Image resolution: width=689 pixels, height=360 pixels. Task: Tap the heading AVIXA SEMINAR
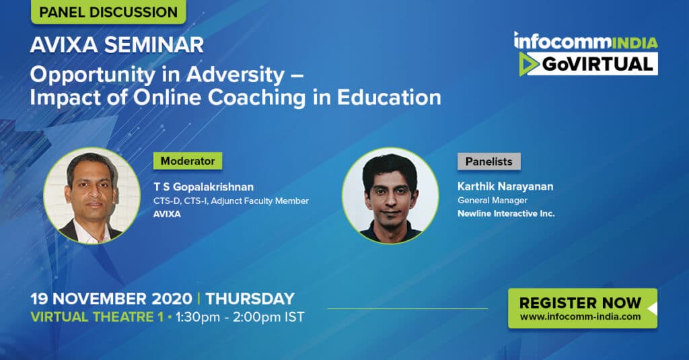[117, 45]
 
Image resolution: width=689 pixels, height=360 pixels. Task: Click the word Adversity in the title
[235, 75]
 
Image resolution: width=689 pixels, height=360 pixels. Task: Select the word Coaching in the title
[256, 98]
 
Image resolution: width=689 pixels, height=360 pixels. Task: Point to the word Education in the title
[389, 97]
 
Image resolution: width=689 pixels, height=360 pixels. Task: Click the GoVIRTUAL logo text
[597, 64]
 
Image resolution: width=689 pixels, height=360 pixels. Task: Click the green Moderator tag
[188, 161]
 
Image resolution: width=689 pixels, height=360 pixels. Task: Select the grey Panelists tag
[488, 161]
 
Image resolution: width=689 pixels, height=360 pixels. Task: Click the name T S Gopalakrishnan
[203, 187]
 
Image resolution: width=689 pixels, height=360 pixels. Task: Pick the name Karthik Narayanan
[505, 186]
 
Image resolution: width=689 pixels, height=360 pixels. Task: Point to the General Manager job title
[492, 201]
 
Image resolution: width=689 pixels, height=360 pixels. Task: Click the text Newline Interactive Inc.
[506, 213]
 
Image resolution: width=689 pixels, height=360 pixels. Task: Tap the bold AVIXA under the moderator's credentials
[167, 214]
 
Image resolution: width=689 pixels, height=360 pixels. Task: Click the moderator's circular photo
[92, 196]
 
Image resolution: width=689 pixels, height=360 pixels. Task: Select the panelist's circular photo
[390, 196]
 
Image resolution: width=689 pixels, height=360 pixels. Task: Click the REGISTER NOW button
[583, 308]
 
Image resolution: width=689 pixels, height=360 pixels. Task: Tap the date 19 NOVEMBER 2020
[111, 299]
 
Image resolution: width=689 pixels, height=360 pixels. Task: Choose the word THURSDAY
[250, 299]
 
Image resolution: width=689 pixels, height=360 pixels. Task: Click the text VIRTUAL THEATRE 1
[97, 317]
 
